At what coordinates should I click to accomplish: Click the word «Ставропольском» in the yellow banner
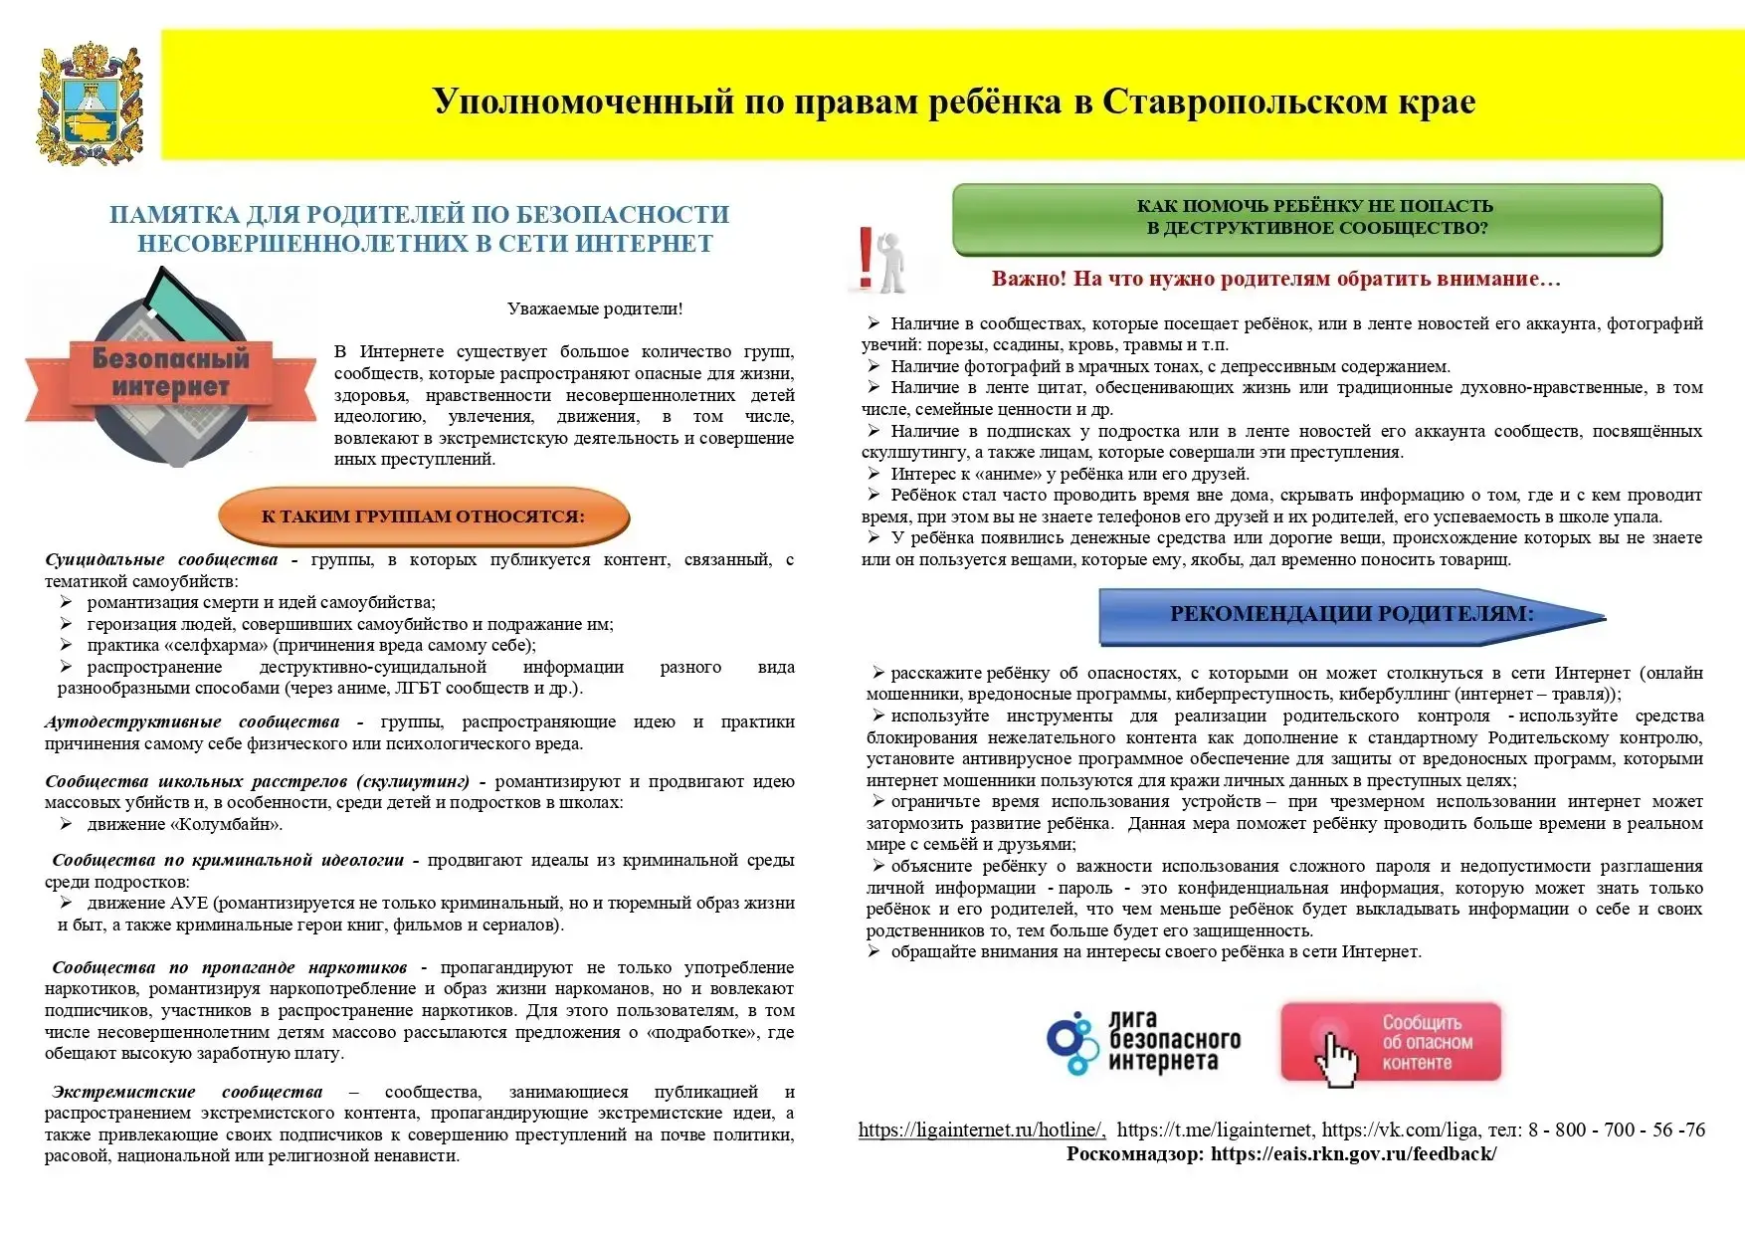(x=1216, y=102)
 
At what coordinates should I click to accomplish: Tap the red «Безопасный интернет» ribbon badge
(x=171, y=372)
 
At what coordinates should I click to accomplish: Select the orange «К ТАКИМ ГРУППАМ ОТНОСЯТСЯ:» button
(x=424, y=516)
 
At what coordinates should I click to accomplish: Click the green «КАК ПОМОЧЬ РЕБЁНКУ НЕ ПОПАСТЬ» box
(x=1306, y=218)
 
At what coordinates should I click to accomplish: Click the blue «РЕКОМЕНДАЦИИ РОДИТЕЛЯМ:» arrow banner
(x=1351, y=614)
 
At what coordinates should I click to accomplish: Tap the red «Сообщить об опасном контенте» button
(x=1390, y=1042)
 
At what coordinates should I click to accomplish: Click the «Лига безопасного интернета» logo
(x=1145, y=1043)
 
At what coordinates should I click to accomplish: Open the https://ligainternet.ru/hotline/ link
(x=981, y=1130)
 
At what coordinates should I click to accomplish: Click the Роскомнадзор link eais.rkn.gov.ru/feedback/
(x=1353, y=1154)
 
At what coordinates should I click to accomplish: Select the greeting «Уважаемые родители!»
(x=595, y=309)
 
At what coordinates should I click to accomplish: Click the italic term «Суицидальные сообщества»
(x=161, y=559)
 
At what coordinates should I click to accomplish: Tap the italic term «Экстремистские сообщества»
(x=188, y=1092)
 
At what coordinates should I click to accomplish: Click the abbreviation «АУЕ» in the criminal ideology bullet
(x=189, y=903)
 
